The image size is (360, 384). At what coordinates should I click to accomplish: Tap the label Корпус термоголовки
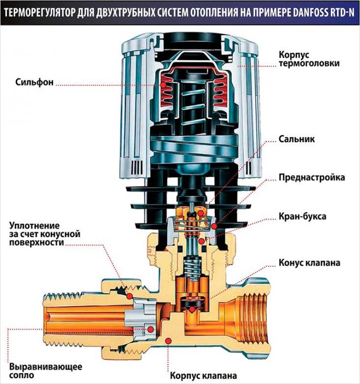click(309, 59)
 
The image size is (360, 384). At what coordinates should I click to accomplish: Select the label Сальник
click(296, 139)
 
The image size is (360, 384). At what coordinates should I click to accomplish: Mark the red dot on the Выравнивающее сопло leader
click(152, 328)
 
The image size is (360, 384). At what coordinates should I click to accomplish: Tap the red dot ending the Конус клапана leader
click(193, 309)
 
